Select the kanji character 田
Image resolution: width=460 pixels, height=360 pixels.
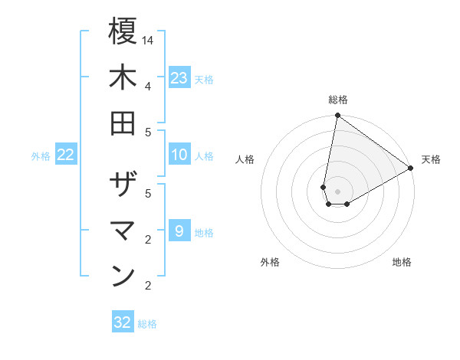(x=123, y=123)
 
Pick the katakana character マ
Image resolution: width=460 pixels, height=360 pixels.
(x=123, y=231)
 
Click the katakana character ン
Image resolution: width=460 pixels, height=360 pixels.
(x=123, y=277)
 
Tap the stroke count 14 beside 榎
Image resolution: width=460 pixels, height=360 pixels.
(x=148, y=39)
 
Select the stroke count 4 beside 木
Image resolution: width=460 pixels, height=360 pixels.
(x=148, y=85)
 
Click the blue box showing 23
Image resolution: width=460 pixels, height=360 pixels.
(x=179, y=78)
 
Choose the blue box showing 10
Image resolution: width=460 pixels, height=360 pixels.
(x=179, y=155)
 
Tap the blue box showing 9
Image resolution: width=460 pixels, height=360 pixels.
(x=179, y=231)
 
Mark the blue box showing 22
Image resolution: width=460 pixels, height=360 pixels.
(x=66, y=155)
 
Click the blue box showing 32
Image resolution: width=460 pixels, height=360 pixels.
(x=123, y=322)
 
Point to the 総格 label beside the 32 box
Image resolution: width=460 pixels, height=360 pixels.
(x=147, y=324)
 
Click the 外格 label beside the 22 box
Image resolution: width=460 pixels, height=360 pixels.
(x=41, y=156)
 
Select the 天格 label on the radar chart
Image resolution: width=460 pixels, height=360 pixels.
(x=431, y=159)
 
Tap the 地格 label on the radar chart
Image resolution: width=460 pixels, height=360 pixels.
(x=402, y=262)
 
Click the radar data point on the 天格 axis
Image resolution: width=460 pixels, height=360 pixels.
(x=411, y=169)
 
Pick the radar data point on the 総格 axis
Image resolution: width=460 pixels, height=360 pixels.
(x=337, y=116)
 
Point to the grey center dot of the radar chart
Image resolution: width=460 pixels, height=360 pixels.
(x=337, y=191)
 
